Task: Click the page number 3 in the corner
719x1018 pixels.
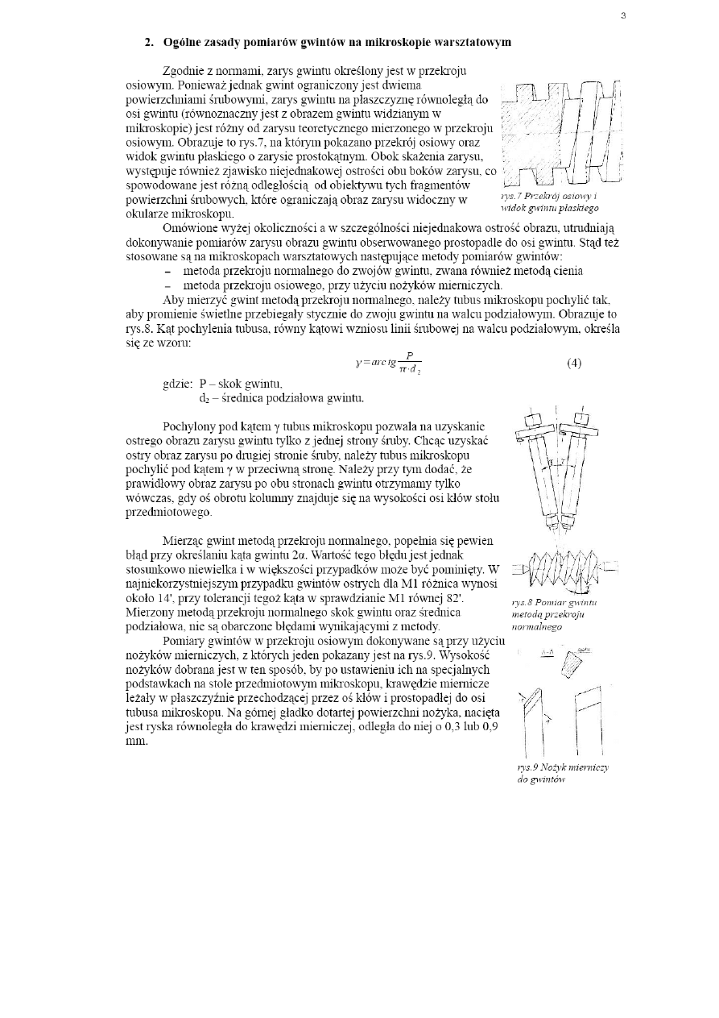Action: (623, 15)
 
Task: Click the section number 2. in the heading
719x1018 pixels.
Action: (149, 41)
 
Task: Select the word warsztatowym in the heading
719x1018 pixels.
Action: (470, 41)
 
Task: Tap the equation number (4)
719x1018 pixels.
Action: (573, 363)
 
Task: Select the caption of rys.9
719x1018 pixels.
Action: (562, 773)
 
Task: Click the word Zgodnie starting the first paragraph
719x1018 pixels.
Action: (186, 71)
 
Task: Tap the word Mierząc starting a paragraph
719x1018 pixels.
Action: (184, 540)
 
